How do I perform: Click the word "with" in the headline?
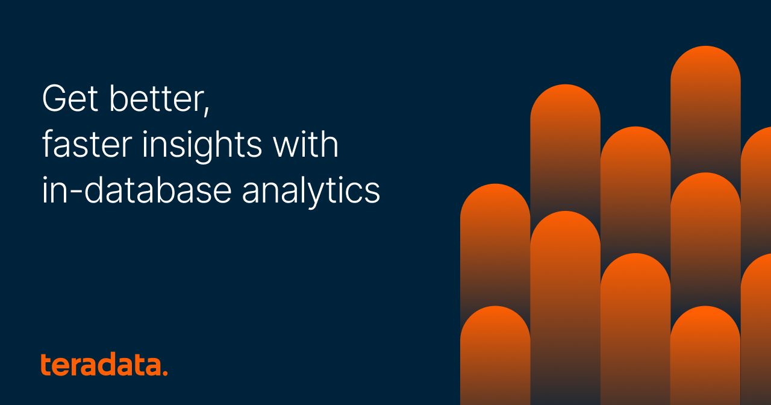tap(307, 145)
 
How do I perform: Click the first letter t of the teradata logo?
tap(46, 365)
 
